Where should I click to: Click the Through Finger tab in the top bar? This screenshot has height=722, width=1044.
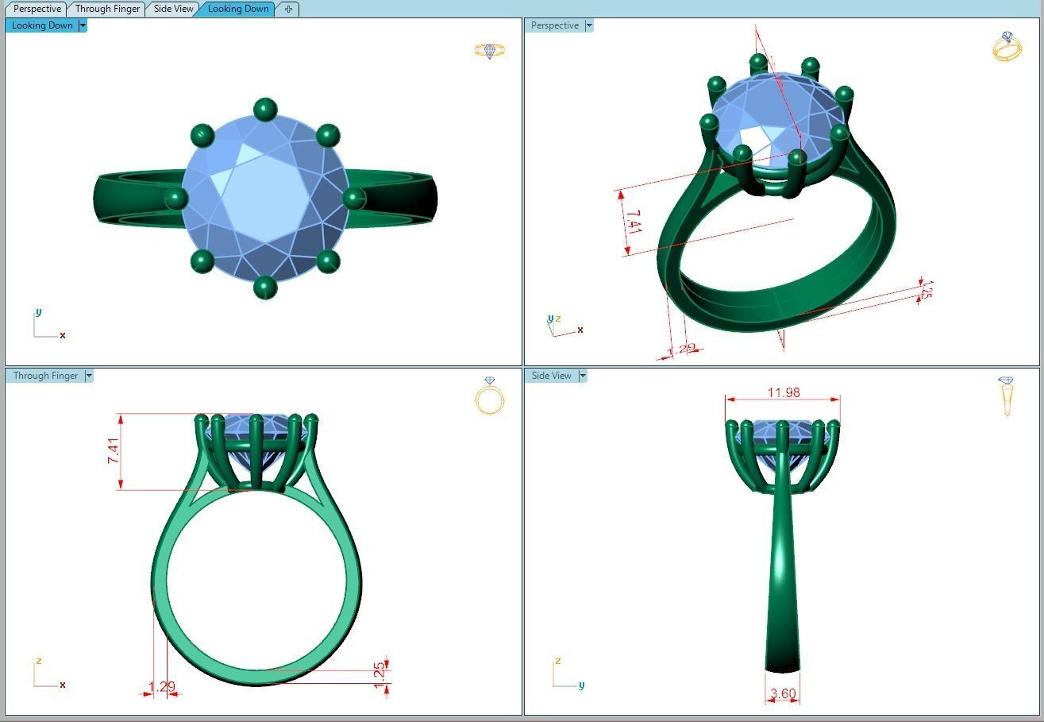107,9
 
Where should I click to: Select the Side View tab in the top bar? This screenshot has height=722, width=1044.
173,9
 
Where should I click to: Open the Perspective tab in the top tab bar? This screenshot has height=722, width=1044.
37,9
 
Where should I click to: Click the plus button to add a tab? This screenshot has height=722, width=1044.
288,9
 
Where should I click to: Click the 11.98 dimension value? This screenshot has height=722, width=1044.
783,392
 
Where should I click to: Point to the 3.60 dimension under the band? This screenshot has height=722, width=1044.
782,693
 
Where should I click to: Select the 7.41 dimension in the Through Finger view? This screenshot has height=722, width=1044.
114,451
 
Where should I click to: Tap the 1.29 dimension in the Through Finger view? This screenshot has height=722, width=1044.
161,686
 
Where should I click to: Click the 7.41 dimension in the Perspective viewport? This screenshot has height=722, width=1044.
633,221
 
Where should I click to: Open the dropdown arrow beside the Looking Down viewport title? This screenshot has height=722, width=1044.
82,25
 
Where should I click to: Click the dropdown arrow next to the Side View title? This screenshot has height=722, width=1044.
583,376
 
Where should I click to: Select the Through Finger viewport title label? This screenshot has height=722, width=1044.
45,376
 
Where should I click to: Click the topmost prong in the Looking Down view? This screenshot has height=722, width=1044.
264,109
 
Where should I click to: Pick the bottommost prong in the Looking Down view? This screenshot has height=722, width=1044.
264,287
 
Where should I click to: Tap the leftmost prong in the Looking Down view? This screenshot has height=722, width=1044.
175,198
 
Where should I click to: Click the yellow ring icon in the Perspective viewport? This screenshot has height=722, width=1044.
1007,47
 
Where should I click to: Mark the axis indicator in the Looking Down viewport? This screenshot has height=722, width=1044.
47,326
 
